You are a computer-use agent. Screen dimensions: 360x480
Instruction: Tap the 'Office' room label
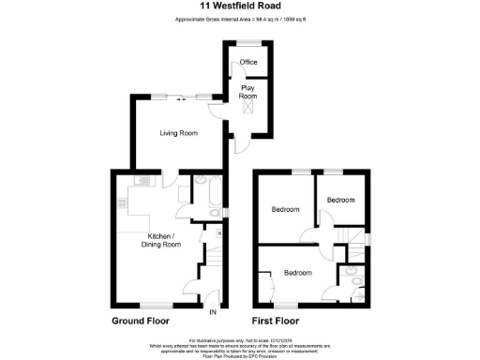(248, 63)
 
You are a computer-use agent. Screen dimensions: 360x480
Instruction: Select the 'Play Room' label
(248, 92)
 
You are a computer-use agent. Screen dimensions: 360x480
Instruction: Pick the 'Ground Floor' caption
(146, 321)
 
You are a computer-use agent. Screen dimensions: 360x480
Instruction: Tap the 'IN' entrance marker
(213, 312)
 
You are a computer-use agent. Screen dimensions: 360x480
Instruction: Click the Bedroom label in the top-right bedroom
(340, 200)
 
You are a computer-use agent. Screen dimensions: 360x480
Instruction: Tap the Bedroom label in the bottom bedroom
(297, 273)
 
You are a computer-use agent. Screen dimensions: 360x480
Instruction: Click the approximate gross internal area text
(240, 20)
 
